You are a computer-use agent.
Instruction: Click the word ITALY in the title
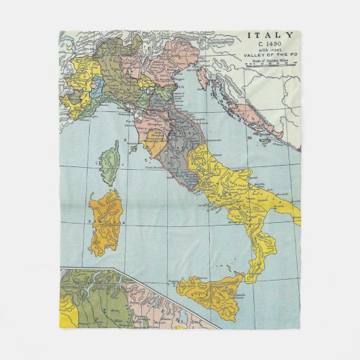(x=270, y=36)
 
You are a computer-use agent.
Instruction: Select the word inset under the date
(x=270, y=52)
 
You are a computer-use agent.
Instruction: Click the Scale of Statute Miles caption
(x=270, y=63)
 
